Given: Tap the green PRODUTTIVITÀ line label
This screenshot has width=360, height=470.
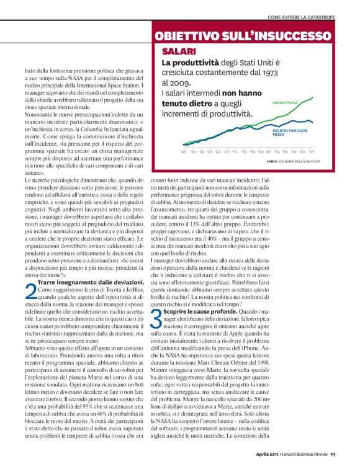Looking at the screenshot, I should (x=285, y=102).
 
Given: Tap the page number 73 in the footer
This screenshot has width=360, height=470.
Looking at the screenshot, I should (x=333, y=453).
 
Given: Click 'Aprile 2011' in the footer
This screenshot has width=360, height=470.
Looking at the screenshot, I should (x=271, y=453).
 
